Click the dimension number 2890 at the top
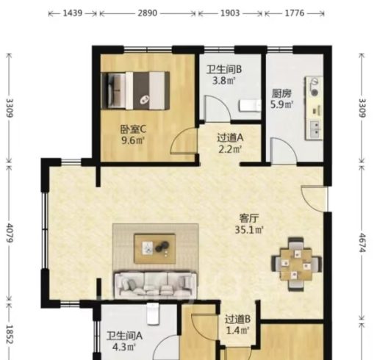147,13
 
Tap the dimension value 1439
73,13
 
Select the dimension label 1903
230,13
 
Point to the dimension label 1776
295,13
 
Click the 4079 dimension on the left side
10,233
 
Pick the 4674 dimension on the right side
362,242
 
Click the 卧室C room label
133,129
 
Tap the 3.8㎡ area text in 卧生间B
223,81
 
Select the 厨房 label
281,93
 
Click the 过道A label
230,137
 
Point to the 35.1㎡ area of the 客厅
248,230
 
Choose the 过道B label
237,319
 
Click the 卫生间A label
124,336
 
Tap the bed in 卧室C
135,90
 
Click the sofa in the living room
155,284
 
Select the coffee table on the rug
154,248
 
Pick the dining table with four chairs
296,264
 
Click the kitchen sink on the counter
316,129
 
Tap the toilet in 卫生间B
250,106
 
